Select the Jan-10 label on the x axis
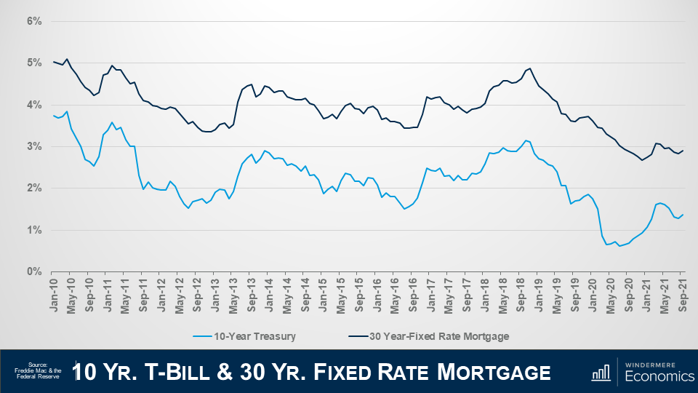click(x=54, y=294)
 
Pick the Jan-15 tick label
click(x=323, y=294)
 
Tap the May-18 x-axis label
click(x=502, y=294)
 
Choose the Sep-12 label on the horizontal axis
click(x=198, y=294)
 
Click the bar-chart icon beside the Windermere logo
click(x=601, y=372)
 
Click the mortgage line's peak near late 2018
click(x=530, y=68)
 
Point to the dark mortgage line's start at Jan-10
click(x=54, y=62)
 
